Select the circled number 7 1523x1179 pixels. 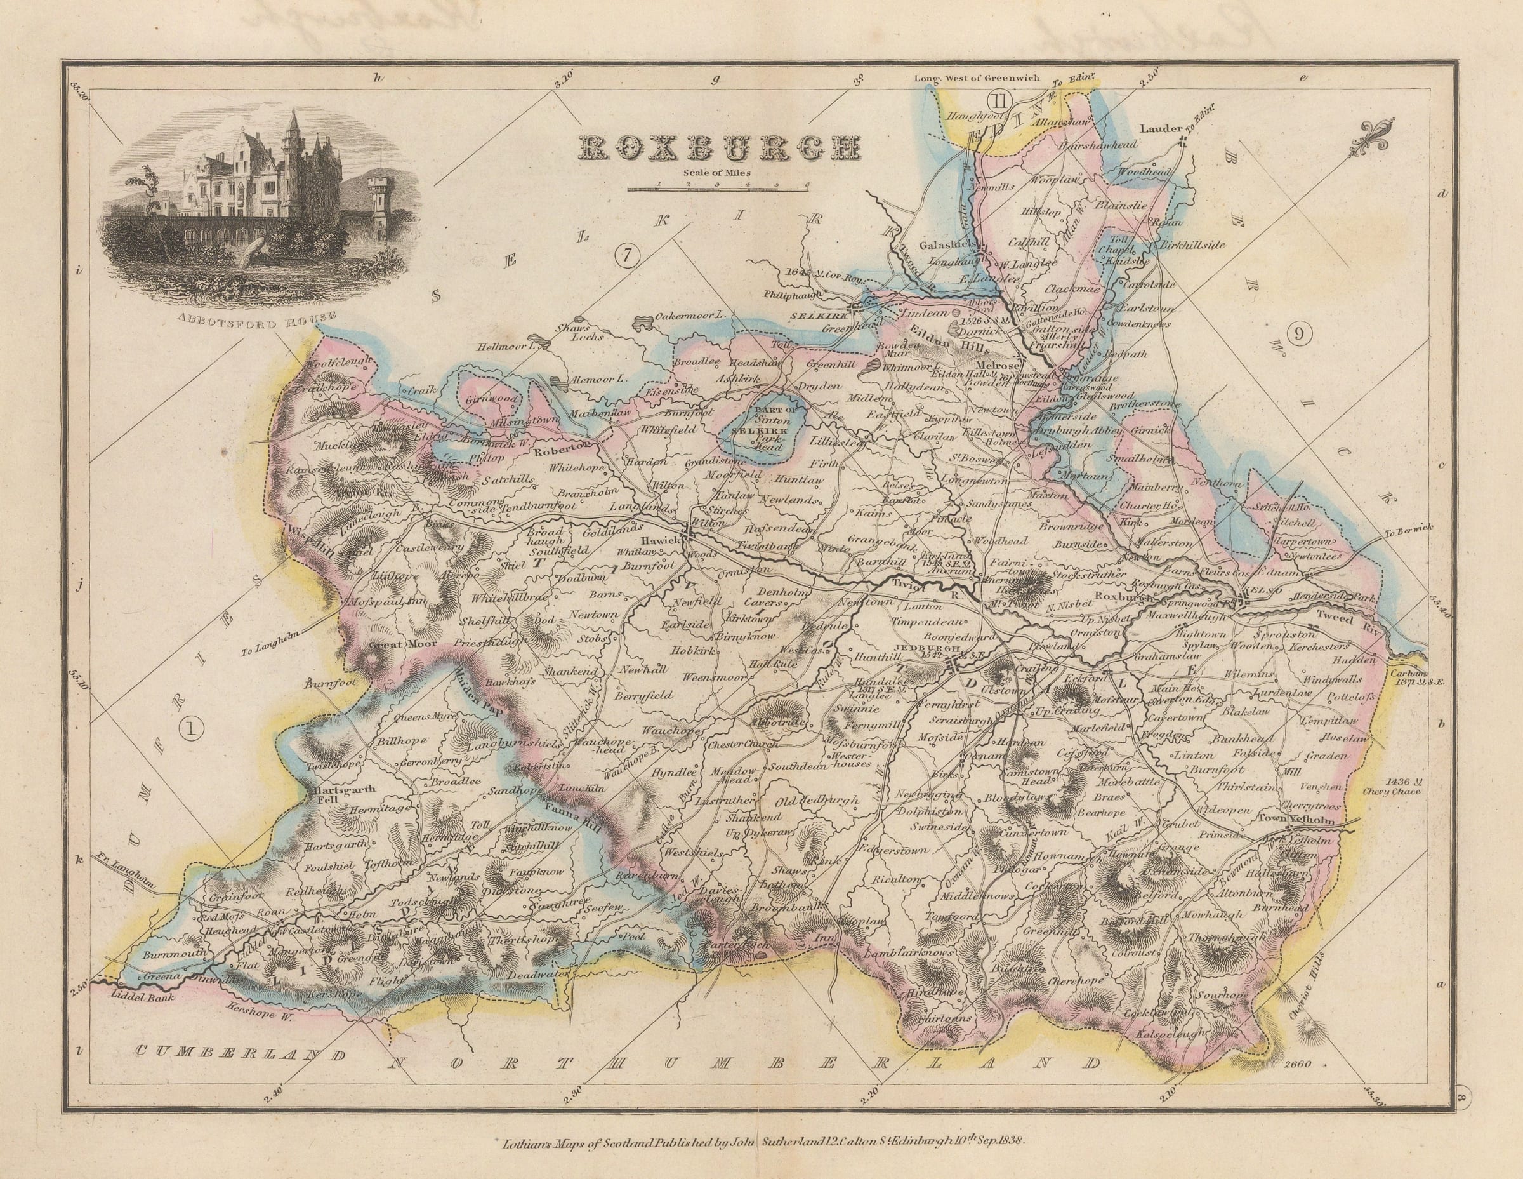[627, 256]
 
